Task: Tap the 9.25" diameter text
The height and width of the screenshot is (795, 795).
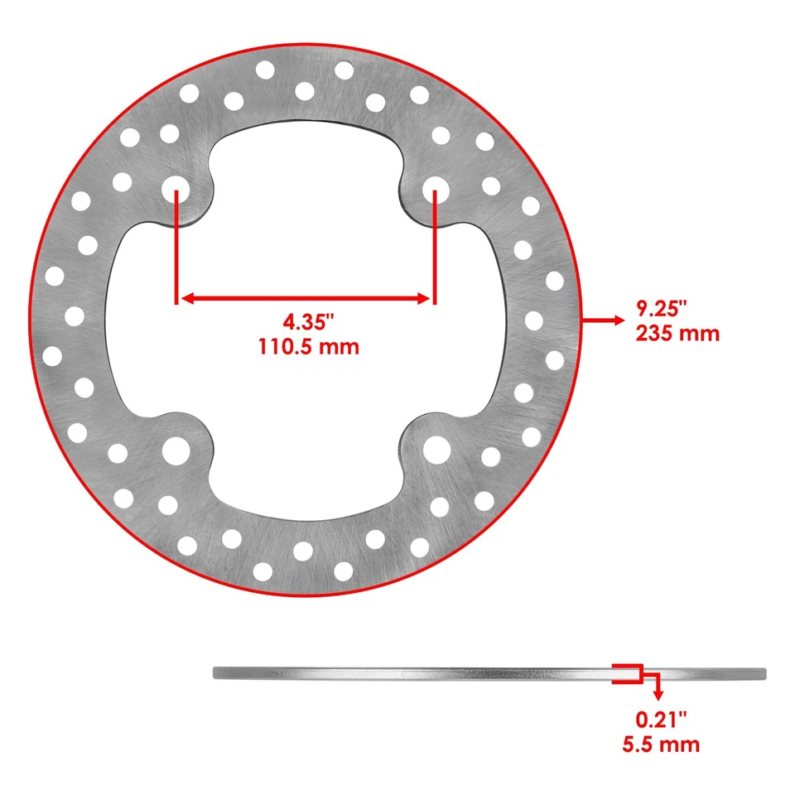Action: (x=662, y=309)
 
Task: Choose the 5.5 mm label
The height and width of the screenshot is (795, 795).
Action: (x=660, y=744)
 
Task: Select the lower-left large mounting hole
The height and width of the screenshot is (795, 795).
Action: (x=176, y=450)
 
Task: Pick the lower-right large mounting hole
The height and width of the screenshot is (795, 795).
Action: (x=436, y=450)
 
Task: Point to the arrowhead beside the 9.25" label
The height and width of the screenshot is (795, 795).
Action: (x=617, y=319)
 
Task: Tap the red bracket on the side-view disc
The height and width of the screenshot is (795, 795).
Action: (x=627, y=673)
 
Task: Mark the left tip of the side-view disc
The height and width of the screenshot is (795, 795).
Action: (x=215, y=673)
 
